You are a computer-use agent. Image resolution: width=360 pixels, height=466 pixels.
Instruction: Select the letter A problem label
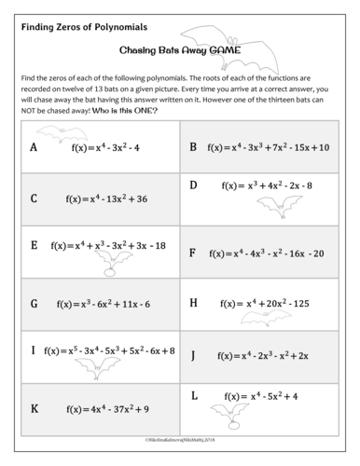(x=35, y=147)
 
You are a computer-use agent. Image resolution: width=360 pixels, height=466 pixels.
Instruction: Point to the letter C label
(x=35, y=198)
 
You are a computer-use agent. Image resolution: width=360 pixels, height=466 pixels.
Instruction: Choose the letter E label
(x=35, y=246)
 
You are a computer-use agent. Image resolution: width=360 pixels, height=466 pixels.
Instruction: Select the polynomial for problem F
(x=267, y=253)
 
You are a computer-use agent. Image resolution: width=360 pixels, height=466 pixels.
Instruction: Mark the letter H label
(x=194, y=302)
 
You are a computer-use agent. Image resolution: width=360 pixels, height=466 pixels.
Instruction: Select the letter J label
(x=193, y=355)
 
